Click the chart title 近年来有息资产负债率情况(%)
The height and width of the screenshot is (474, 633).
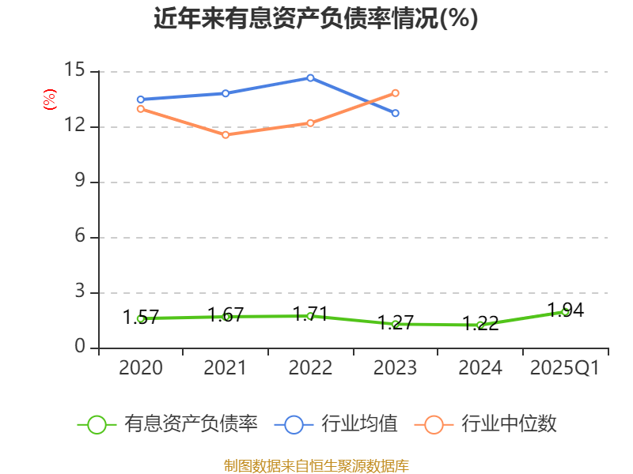[x=316, y=19]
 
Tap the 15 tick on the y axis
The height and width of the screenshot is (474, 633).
[x=74, y=70]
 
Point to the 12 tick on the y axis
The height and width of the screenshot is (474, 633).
[x=74, y=126]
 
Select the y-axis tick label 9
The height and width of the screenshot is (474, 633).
[x=79, y=182]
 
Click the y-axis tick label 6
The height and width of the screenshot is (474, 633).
[x=79, y=237]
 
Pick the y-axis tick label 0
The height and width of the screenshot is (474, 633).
[x=79, y=348]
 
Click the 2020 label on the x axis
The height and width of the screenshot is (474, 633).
[x=141, y=368]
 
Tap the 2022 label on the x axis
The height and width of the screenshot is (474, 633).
[x=310, y=368]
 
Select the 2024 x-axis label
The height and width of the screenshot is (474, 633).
[x=480, y=368]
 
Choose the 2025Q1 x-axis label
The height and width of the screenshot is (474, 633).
[x=564, y=368]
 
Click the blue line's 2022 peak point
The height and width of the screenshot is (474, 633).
[x=310, y=77]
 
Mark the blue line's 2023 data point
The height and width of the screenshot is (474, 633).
[x=396, y=113]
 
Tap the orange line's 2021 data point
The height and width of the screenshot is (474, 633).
[x=226, y=135]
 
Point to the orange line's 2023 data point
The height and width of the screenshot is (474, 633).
[x=396, y=92]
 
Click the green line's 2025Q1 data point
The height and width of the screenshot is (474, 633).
[x=565, y=311]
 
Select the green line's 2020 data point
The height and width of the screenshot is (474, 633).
[x=141, y=318]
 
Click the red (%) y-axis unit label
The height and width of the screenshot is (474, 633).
[x=50, y=100]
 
